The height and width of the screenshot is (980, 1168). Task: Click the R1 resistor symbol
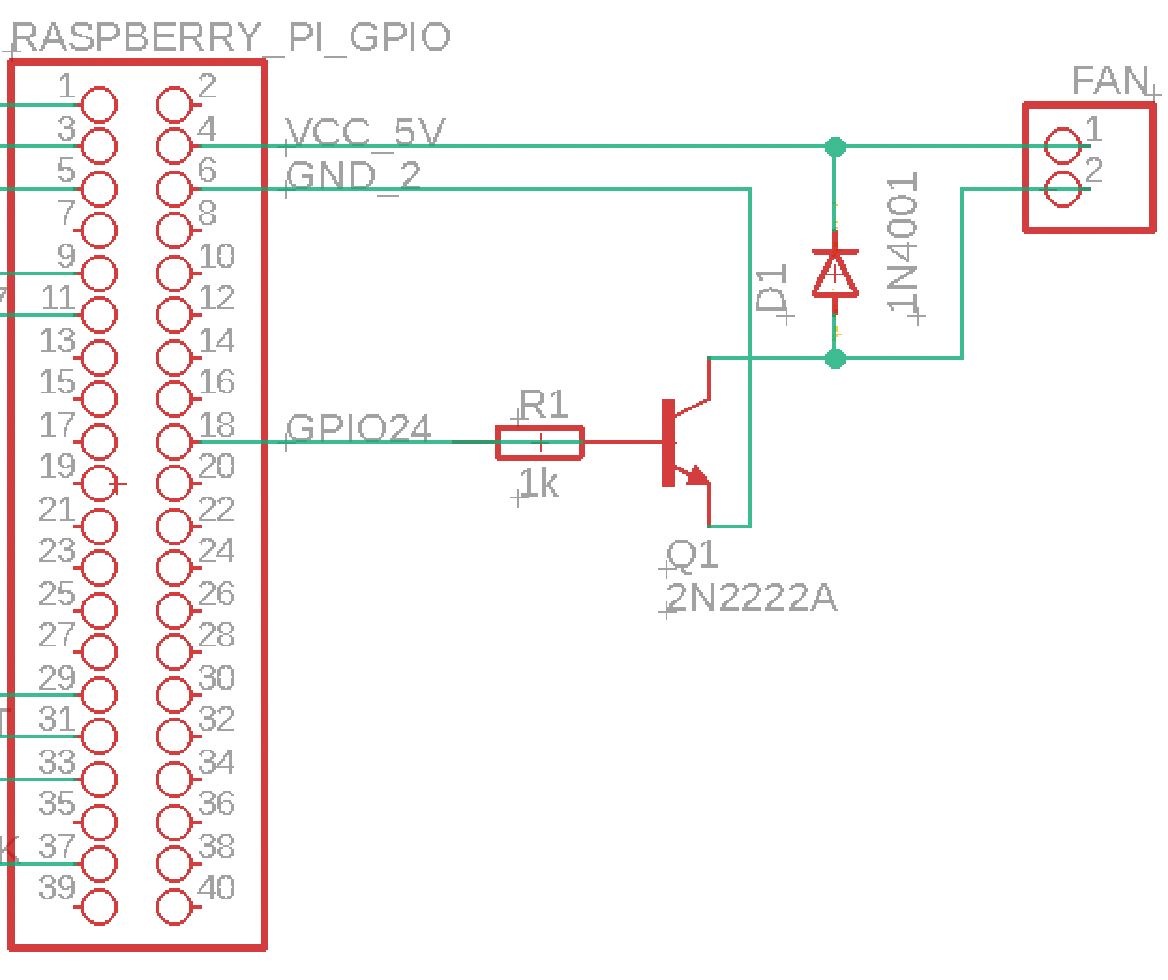tap(540, 442)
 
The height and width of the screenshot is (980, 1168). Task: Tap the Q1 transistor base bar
tap(668, 442)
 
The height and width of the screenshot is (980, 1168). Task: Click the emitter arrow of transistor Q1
tap(696, 477)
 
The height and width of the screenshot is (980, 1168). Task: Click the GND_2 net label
tap(354, 175)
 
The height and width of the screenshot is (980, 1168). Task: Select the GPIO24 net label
tap(359, 428)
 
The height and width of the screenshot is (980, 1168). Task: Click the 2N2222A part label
tap(752, 597)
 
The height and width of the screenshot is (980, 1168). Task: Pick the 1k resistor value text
tap(539, 484)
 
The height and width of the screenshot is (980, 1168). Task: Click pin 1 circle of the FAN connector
tap(1062, 146)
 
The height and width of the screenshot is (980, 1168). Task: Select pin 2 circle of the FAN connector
tap(1062, 189)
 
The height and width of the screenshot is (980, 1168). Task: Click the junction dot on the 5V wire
tap(834, 146)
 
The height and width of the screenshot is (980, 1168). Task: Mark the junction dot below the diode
tap(834, 358)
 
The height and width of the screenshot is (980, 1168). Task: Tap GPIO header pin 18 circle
tap(174, 441)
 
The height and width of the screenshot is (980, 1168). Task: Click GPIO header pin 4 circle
tap(174, 146)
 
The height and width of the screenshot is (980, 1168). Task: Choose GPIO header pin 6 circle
tap(174, 188)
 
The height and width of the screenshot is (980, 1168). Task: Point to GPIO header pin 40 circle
tap(174, 906)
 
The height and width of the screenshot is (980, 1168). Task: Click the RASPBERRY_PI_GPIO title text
tap(232, 37)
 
